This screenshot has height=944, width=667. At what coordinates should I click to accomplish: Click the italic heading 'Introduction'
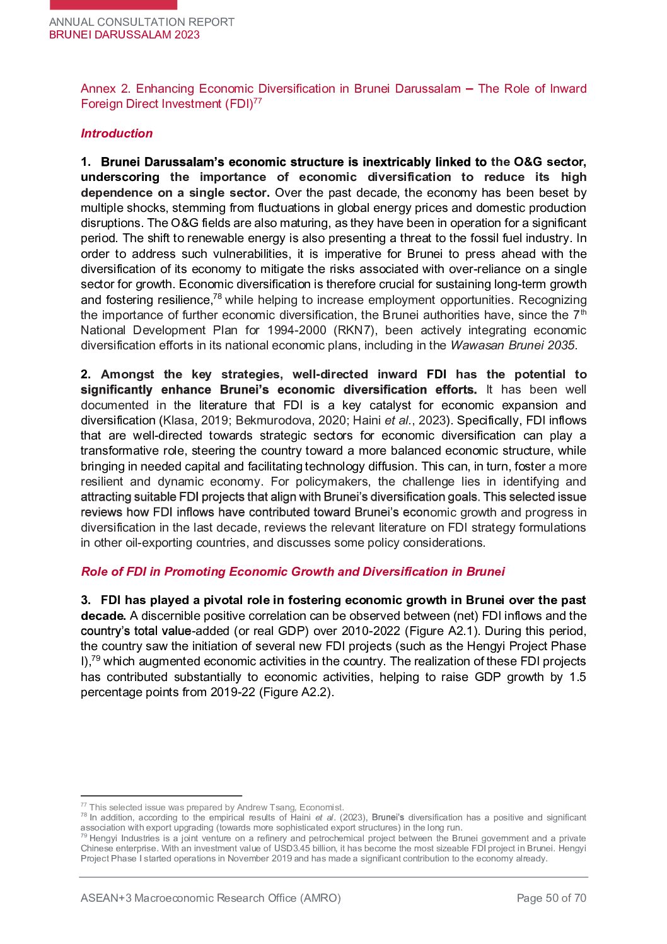[x=117, y=134]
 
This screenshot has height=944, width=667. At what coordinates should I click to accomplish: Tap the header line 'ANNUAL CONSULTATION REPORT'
[x=142, y=22]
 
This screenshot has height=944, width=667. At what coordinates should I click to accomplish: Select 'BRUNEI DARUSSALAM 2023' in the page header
[x=124, y=35]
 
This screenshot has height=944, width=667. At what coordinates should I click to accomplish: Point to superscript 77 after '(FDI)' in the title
[x=258, y=101]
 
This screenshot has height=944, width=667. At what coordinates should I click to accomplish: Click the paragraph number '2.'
[x=86, y=375]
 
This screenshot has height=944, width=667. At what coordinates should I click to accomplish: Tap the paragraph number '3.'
[x=86, y=600]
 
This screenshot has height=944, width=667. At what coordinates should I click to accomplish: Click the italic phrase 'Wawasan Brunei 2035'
[x=512, y=346]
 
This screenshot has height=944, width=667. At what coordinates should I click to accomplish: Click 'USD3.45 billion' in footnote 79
[x=305, y=848]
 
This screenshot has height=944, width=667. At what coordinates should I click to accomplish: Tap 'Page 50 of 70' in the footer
[x=551, y=898]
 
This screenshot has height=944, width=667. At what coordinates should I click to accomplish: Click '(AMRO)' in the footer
[x=320, y=898]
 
